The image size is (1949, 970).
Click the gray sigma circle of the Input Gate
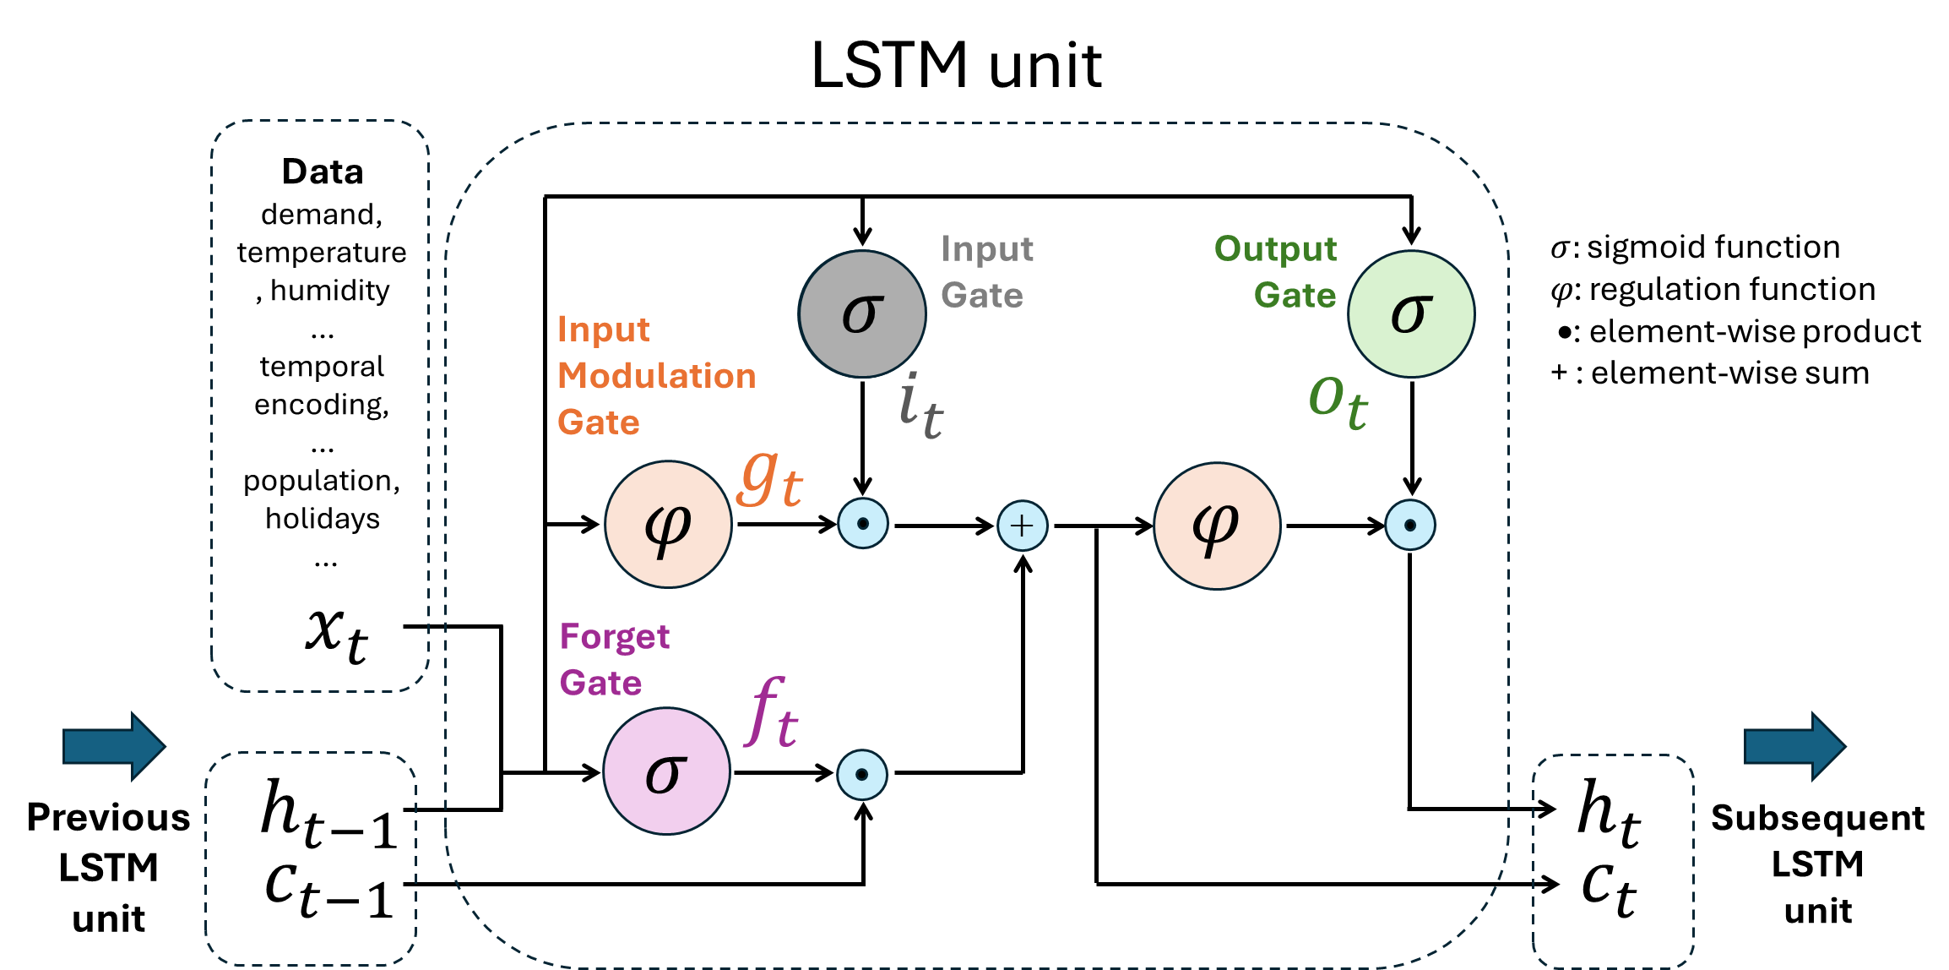pos(862,313)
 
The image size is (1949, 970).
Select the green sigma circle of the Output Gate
pos(1411,313)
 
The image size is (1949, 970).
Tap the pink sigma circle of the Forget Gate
pos(666,771)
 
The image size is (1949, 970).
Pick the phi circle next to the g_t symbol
pos(668,525)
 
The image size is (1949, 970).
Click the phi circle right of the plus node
pos(1217,526)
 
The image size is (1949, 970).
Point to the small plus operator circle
pos(1022,526)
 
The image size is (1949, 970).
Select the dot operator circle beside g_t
pos(863,524)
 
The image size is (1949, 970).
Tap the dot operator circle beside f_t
pos(862,775)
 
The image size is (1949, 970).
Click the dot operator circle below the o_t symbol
pos(1410,526)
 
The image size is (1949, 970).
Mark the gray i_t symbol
pos(920,407)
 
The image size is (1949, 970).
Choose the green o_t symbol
pos(1338,401)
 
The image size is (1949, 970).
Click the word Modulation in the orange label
pos(656,376)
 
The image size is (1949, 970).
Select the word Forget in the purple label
pos(614,636)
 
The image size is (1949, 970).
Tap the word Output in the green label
pos(1275,249)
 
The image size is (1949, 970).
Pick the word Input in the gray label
pos(987,249)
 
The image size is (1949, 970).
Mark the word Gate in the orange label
pos(598,422)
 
